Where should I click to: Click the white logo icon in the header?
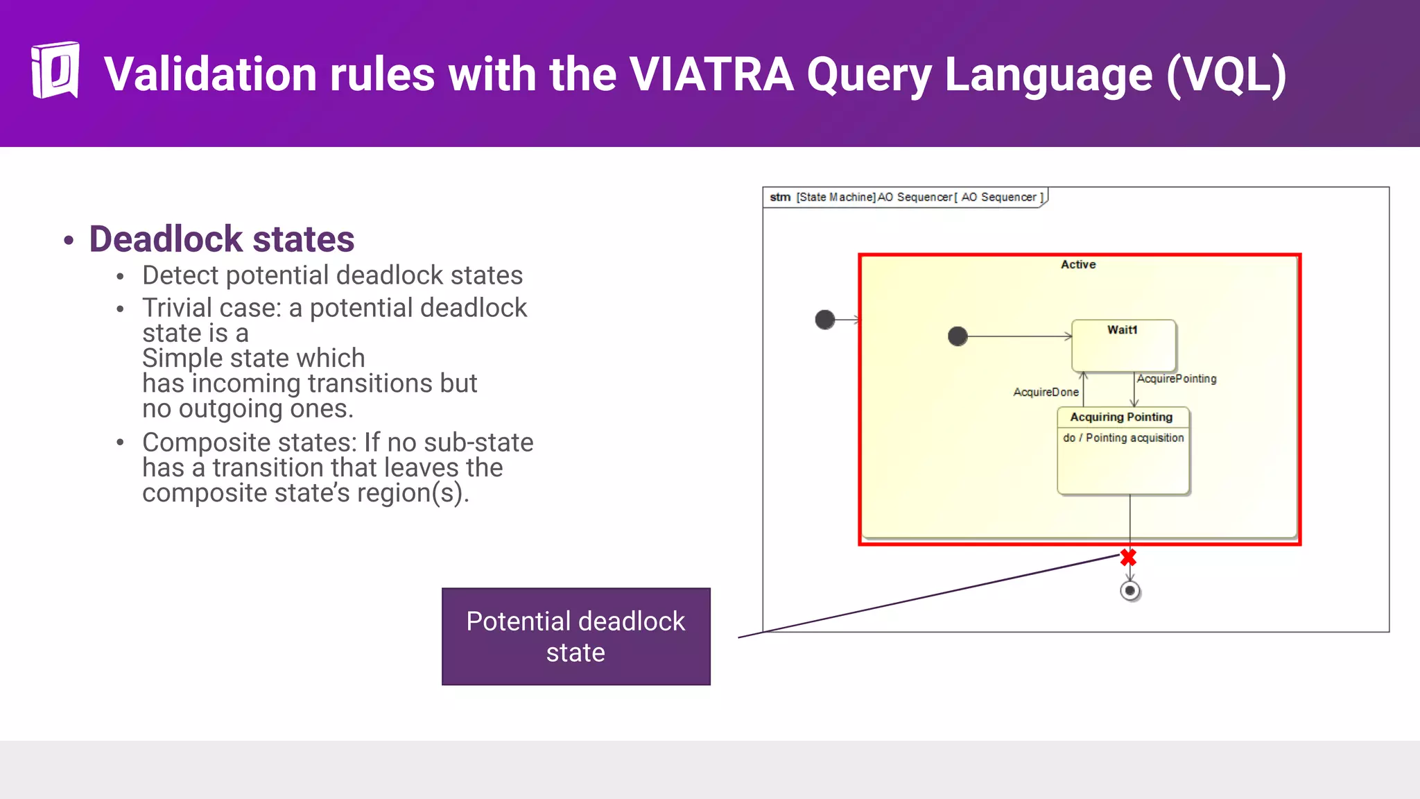(55, 70)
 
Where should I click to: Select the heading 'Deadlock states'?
(221, 239)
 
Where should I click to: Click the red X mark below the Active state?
(1128, 557)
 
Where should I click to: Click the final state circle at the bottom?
(1129, 591)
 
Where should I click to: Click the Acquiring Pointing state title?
(1121, 417)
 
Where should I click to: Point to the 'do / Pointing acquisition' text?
(1123, 438)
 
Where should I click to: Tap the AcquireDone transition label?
(1046, 392)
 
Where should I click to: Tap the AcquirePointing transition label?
(1177, 379)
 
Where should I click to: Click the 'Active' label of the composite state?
(1077, 264)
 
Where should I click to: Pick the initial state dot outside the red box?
(824, 320)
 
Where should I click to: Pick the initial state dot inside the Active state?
(958, 336)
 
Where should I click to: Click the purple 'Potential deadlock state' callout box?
(575, 636)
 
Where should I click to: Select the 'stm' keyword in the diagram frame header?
(779, 197)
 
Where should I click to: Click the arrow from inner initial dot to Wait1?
(1019, 336)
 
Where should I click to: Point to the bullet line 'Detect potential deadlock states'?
(332, 275)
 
